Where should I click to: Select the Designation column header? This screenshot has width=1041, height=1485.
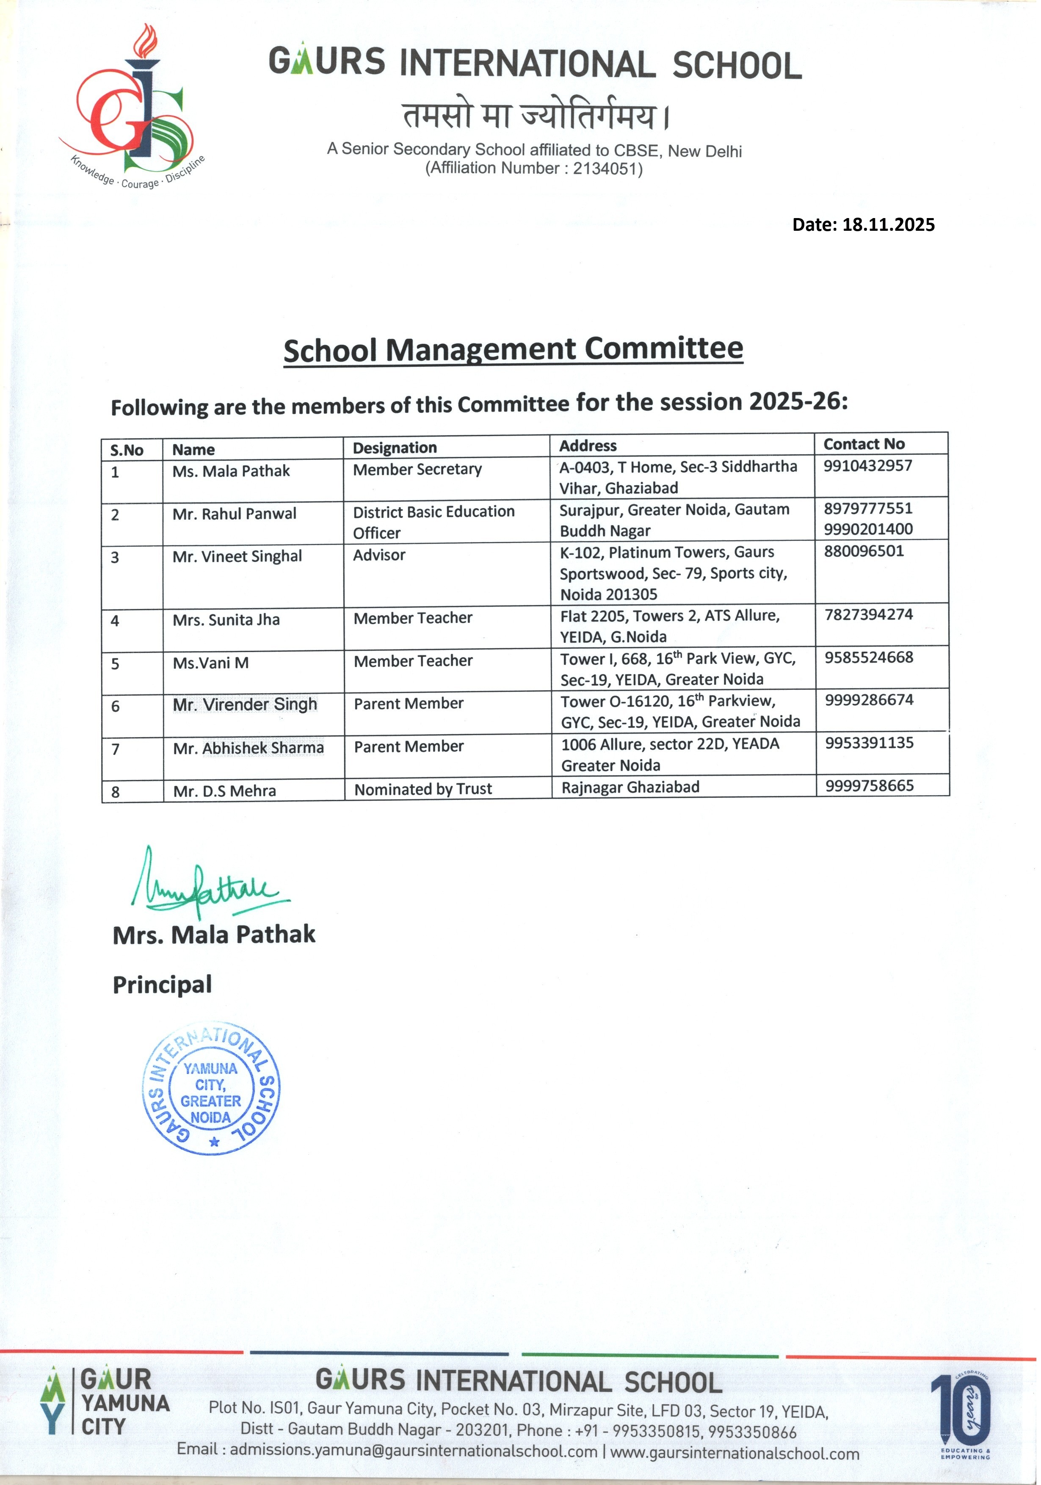(395, 448)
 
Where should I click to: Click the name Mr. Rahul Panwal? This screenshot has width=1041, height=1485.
(234, 514)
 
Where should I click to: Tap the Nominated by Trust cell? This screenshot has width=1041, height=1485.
(423, 789)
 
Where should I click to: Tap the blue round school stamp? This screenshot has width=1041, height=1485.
(211, 1089)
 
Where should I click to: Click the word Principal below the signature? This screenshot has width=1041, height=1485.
(162, 984)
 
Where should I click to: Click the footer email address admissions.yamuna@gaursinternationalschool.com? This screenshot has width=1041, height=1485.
(413, 1451)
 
